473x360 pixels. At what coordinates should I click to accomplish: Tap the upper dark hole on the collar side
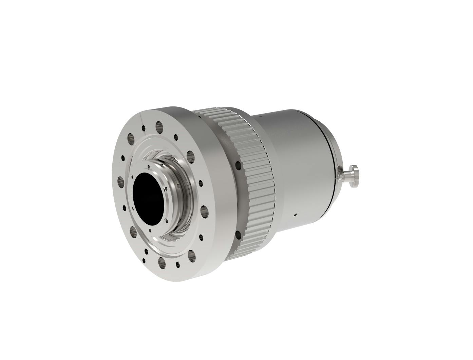[x=239, y=165]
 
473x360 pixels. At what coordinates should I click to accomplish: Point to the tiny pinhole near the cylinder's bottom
[x=295, y=214]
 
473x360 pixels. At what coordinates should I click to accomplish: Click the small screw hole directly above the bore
[x=149, y=166]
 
